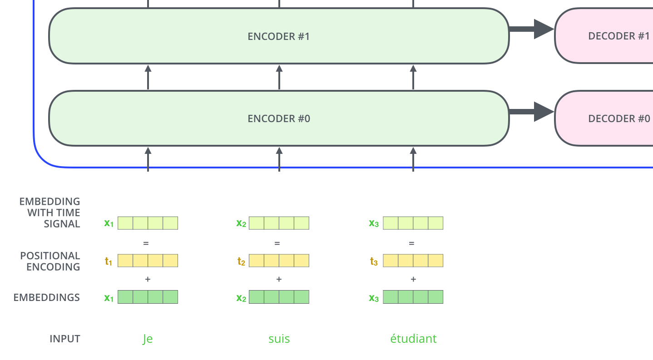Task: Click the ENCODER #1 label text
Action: tap(278, 36)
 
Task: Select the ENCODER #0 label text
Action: tap(278, 119)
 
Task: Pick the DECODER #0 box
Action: tap(604, 119)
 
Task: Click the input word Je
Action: tap(148, 339)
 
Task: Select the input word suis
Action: tap(279, 339)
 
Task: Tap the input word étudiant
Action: tap(413, 339)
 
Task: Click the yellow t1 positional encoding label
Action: tap(108, 261)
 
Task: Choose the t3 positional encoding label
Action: tap(374, 261)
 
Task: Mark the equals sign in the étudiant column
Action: tap(411, 243)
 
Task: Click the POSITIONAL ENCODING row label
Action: tap(50, 261)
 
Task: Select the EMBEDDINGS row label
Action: tap(47, 297)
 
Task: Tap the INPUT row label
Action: tap(64, 339)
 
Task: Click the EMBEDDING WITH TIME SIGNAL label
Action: tap(49, 212)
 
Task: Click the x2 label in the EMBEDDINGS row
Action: tap(241, 298)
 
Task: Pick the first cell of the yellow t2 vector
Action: tap(257, 261)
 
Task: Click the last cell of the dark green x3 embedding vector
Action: tap(435, 297)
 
